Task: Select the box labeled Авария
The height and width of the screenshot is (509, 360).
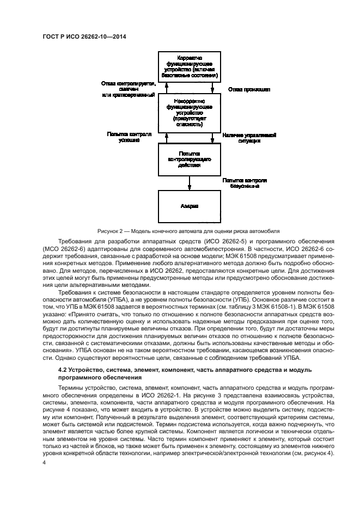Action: tap(190, 206)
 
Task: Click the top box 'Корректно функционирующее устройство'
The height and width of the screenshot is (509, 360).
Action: tap(190, 68)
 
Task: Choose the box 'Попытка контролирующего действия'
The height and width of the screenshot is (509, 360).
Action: tap(190, 159)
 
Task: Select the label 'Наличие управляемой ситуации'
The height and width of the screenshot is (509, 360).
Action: tap(249, 137)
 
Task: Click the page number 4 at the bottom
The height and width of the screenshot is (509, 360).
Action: tap(44, 463)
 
